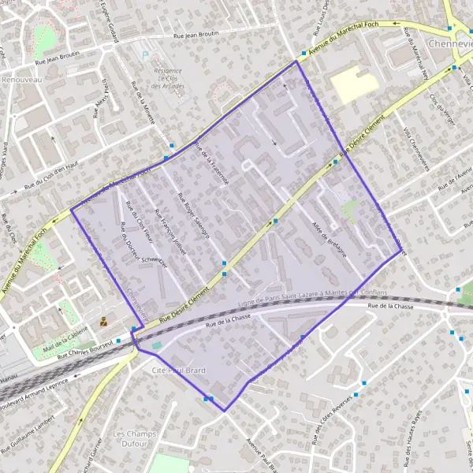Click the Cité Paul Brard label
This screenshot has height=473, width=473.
(x=178, y=369)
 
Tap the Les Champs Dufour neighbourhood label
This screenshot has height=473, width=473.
(x=130, y=438)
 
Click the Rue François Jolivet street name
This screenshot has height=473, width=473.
(x=169, y=229)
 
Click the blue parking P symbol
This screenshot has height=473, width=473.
(x=144, y=54)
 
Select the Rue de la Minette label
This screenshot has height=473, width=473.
(x=143, y=103)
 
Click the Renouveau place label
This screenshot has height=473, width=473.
(x=23, y=80)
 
